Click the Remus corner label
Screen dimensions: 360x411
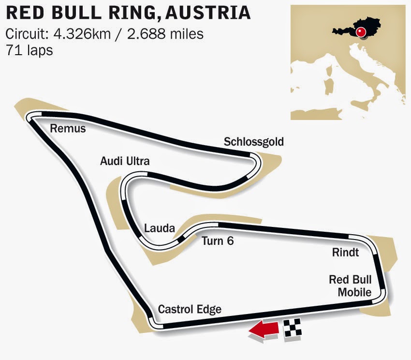pyautogui.click(x=68, y=129)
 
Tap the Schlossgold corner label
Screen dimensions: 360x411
pyautogui.click(x=253, y=142)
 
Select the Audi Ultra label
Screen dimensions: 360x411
pyautogui.click(x=125, y=161)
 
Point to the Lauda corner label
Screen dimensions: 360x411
pyautogui.click(x=159, y=228)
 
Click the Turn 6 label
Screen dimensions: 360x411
pyautogui.click(x=218, y=240)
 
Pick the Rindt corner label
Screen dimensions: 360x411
pyautogui.click(x=346, y=253)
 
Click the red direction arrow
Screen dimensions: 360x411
pyautogui.click(x=264, y=330)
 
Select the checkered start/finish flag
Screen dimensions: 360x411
pyautogui.click(x=293, y=328)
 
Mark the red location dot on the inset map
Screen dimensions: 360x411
pyautogui.click(x=360, y=32)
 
